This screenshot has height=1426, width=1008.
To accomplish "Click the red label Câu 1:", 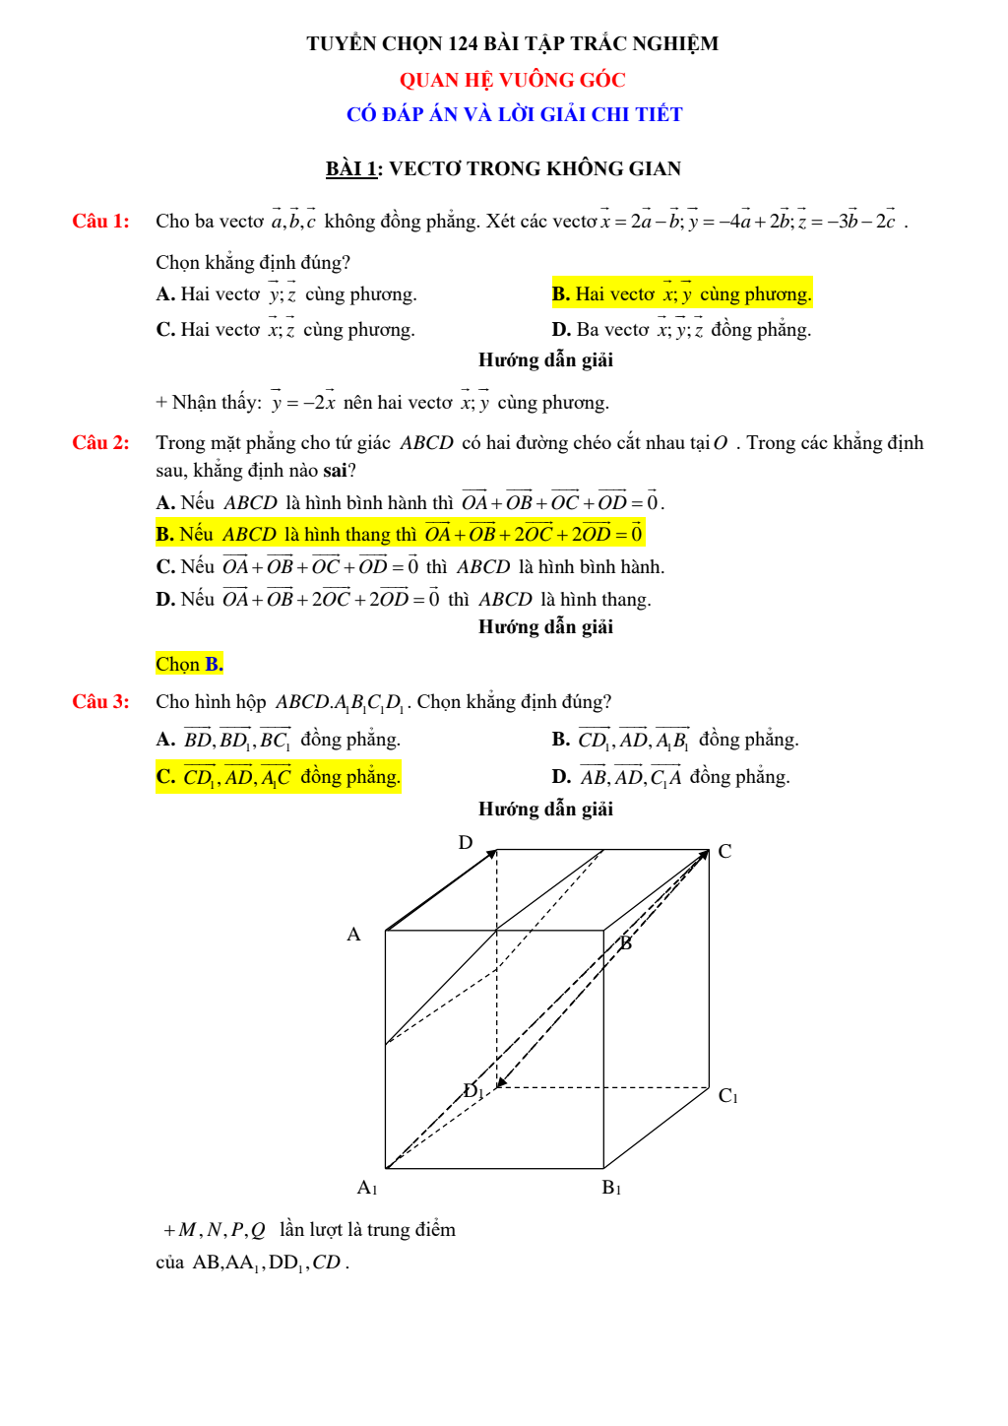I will [x=100, y=221].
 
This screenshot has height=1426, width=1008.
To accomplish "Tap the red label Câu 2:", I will [x=100, y=442].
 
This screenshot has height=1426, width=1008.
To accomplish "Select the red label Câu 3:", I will [x=100, y=701].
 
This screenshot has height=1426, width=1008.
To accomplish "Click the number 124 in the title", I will [x=463, y=43].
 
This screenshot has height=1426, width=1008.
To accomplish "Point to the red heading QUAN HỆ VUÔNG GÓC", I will [x=512, y=80].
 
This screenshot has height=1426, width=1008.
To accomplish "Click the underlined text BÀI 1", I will [x=351, y=168].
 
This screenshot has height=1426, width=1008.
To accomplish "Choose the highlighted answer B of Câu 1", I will [x=681, y=293].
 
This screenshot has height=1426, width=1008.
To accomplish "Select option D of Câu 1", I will [x=681, y=329].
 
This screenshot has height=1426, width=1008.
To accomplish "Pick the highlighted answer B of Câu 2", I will [x=400, y=534].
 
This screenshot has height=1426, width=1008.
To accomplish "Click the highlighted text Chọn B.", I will [x=189, y=664].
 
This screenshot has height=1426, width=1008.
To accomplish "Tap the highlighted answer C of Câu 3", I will [x=278, y=776].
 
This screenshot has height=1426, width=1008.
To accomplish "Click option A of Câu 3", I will [x=278, y=739].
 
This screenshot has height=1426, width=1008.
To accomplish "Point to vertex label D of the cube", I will [x=466, y=842].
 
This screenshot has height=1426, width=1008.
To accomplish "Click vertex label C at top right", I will [x=724, y=851].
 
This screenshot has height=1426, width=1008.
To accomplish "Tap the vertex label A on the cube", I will [x=353, y=934].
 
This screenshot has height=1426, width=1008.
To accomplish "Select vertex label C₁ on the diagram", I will [x=727, y=1095].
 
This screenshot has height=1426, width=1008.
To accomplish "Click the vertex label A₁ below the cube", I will [x=366, y=1187].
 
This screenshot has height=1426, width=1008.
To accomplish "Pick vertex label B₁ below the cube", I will [x=610, y=1187].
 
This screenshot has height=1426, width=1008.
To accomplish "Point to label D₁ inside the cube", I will [x=472, y=1090].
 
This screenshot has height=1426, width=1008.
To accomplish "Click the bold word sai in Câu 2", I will [x=335, y=470].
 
